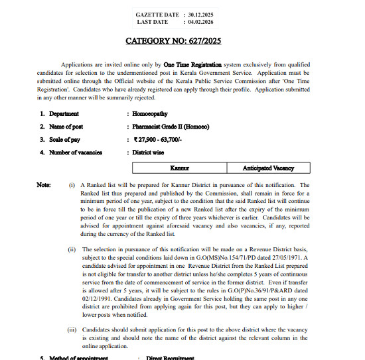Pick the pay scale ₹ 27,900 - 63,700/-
(x=163, y=139)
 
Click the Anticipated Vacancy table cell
(x=264, y=168)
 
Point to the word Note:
(x=44, y=185)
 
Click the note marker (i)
(x=72, y=185)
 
